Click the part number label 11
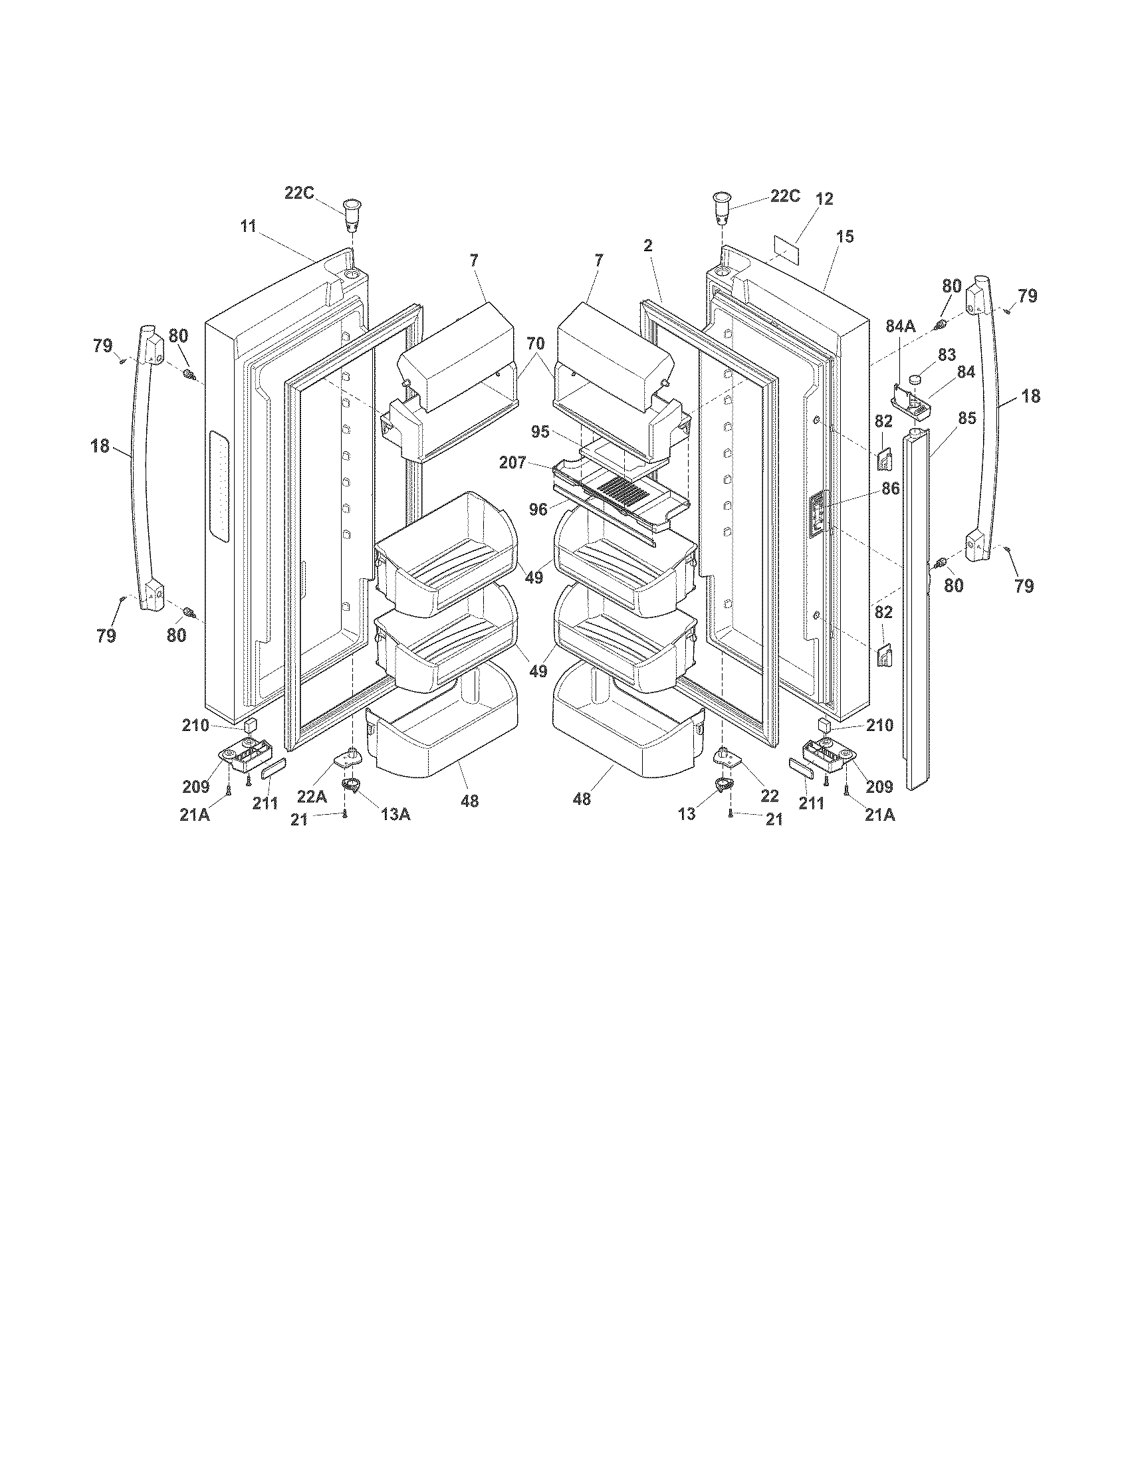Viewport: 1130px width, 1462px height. pos(249,226)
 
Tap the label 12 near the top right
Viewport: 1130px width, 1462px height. pos(824,199)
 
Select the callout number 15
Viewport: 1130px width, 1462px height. pos(846,237)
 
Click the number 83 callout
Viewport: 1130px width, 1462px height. pos(947,354)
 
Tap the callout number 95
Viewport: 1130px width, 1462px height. pos(540,432)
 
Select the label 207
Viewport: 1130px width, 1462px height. pos(512,462)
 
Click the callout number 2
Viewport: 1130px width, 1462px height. pos(647,246)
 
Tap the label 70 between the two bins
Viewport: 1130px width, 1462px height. pos(535,344)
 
